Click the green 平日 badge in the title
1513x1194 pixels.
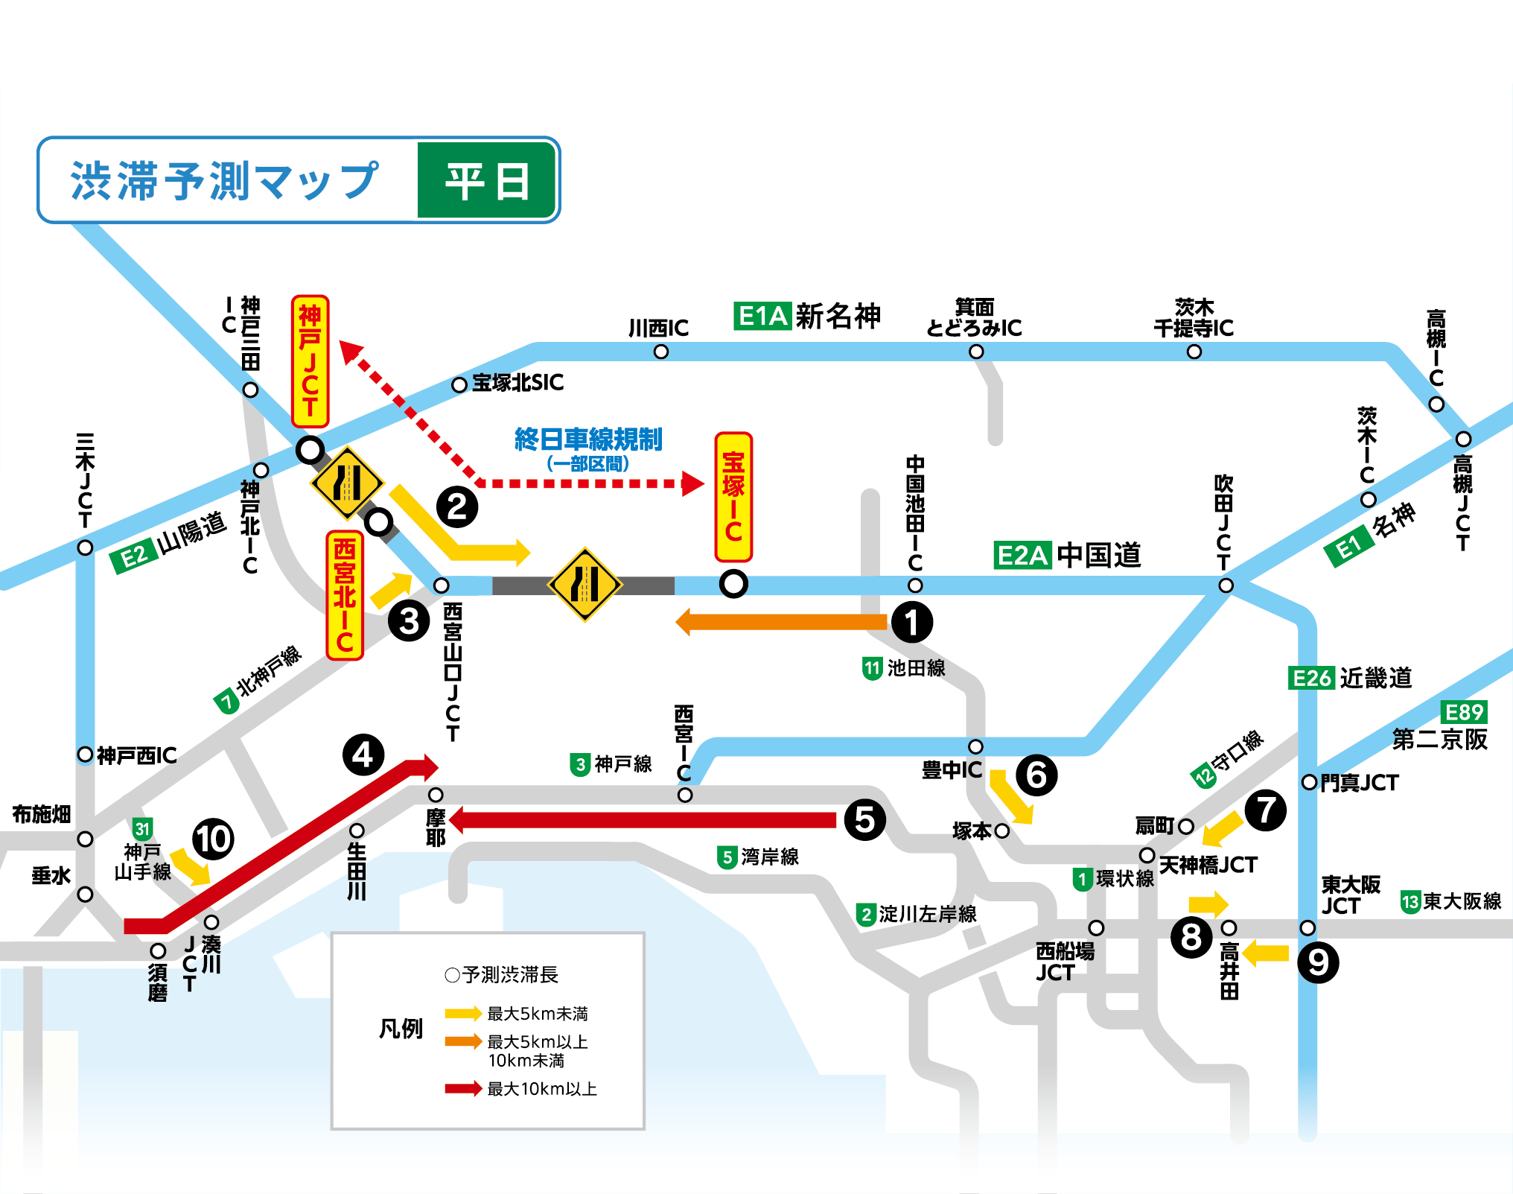[x=487, y=180]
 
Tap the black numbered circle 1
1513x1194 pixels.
[x=911, y=622]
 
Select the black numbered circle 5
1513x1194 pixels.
[x=864, y=820]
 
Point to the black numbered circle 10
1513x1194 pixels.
[x=213, y=839]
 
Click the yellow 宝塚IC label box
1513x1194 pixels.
[x=733, y=497]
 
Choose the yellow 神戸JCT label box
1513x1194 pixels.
[x=310, y=361]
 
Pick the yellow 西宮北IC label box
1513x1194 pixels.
[x=345, y=595]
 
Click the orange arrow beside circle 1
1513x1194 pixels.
[x=782, y=622]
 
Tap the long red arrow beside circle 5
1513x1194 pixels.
[x=643, y=820]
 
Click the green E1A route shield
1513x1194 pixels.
[x=762, y=316]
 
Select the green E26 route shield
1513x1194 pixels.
[x=1310, y=678]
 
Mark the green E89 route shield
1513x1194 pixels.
[x=1464, y=712]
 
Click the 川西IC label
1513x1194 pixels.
[x=658, y=328]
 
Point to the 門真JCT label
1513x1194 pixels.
[x=1359, y=783]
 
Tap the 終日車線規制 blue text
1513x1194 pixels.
[x=588, y=439]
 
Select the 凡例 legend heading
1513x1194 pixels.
[x=401, y=1029]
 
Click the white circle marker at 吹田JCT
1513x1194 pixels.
[x=1226, y=586]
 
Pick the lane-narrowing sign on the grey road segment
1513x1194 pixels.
[x=585, y=585]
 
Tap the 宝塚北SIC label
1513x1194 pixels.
[x=517, y=383]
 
